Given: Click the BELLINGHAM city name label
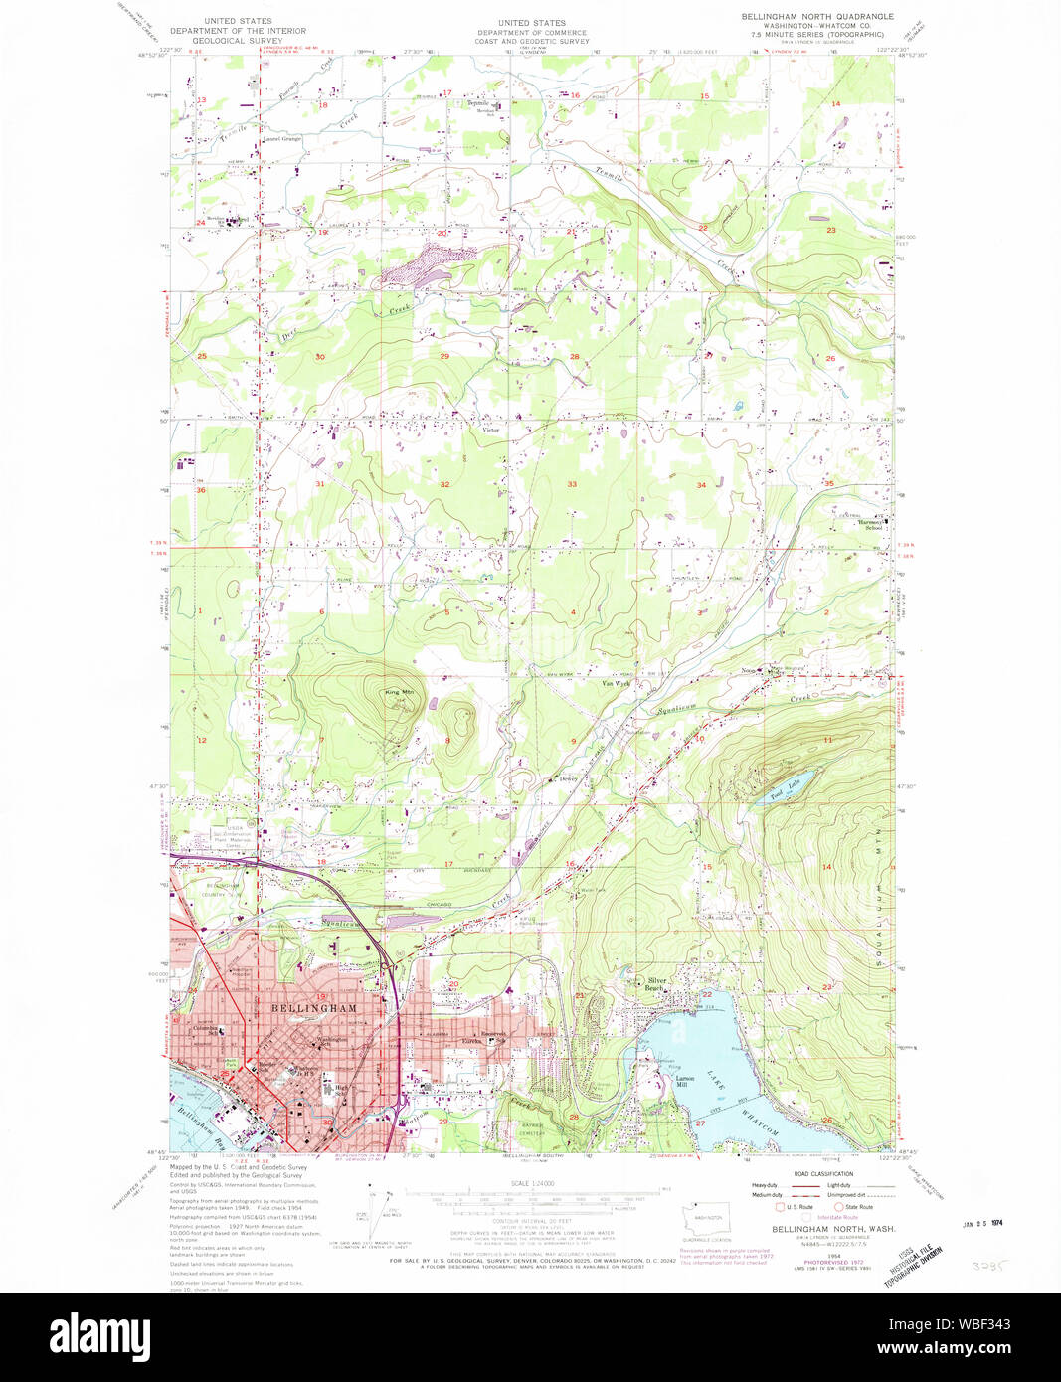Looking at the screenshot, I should tap(313, 1008).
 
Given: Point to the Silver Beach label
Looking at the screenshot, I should tap(655, 984).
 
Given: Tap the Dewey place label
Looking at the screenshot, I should tap(568, 778).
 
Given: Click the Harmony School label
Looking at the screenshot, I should tap(874, 524).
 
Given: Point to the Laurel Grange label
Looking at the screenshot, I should tap(282, 139).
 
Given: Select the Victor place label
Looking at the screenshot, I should tap(490, 431).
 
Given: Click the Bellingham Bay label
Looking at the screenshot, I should tap(204, 1122).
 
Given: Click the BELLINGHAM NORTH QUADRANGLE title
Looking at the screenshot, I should tap(817, 17).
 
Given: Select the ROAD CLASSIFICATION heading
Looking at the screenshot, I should tap(809, 1174).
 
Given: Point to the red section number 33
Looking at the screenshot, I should tap(572, 484).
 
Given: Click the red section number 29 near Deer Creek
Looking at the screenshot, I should tap(444, 356).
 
